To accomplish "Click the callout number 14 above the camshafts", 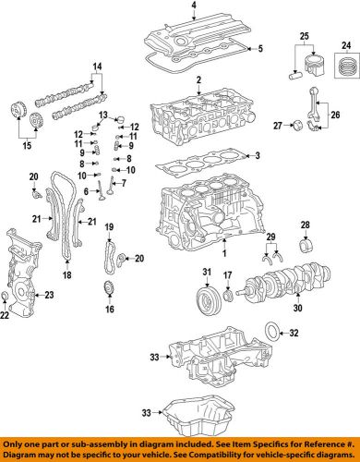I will (95, 66).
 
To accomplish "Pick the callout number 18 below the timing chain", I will (66, 274).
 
